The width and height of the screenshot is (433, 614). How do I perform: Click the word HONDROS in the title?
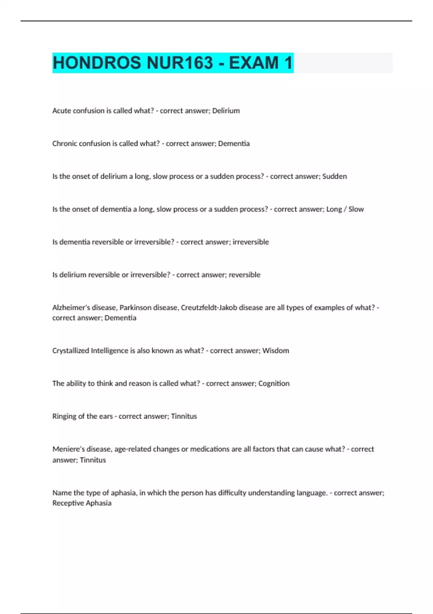coord(97,63)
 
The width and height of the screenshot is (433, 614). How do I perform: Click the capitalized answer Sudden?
coord(334,177)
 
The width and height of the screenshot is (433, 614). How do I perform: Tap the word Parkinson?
coord(135,308)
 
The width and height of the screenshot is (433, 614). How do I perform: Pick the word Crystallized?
coord(70,351)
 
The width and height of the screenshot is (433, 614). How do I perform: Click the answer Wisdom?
coord(276,351)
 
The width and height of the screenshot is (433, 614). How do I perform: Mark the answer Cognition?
coord(274,384)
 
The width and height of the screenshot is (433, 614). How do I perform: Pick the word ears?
coord(106,416)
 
